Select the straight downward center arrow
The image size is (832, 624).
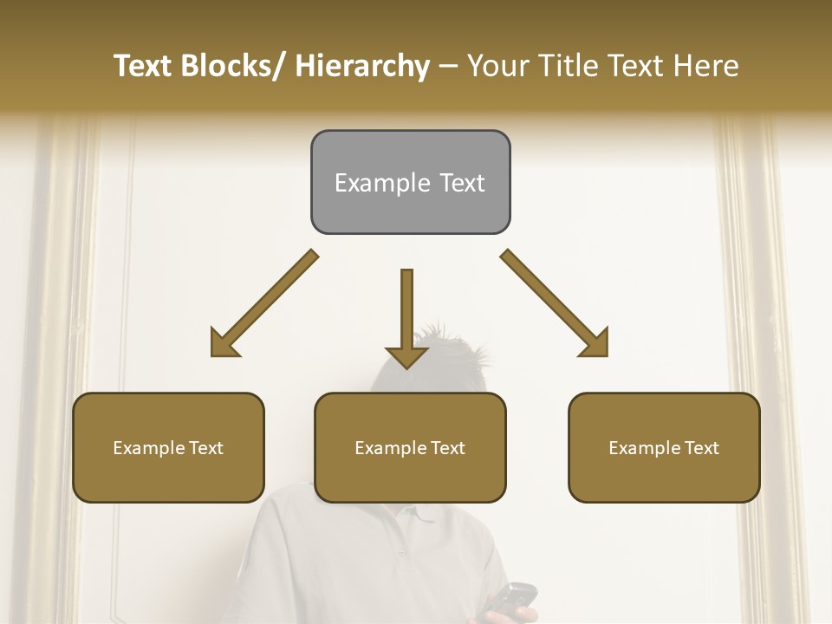(406, 317)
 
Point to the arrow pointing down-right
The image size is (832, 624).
(555, 303)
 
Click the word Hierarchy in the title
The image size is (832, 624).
(362, 66)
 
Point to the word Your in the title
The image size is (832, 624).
(497, 66)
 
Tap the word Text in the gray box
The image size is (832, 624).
(461, 183)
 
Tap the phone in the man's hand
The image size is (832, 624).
(511, 598)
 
